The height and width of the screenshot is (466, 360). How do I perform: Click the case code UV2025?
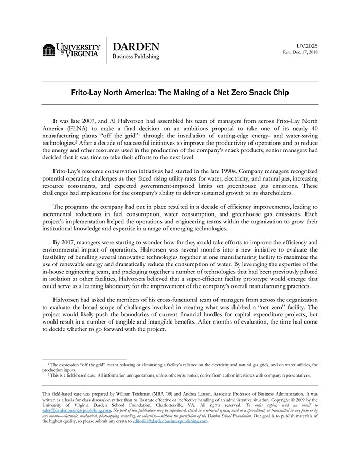[x=308, y=46]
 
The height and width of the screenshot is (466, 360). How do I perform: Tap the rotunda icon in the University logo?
[x=49, y=50]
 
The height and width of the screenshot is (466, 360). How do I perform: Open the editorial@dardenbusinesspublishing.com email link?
[x=170, y=421]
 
